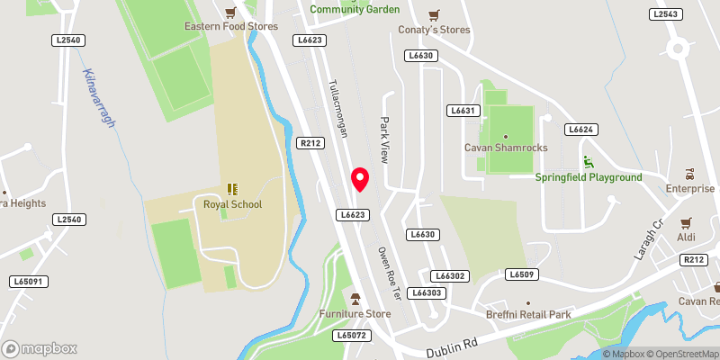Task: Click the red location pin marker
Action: coord(360,179)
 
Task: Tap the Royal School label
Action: coord(232,204)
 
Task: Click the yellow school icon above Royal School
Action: coord(232,188)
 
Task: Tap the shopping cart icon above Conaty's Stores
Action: coord(435,13)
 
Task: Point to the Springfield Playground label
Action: coord(589,177)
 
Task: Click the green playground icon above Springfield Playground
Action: coord(589,162)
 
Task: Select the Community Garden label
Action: coord(354,9)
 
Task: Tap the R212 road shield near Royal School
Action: coord(310,143)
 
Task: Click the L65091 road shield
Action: coord(29,282)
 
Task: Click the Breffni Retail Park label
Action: coord(528,315)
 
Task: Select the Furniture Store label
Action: coord(355,313)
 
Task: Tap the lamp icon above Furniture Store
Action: coord(355,298)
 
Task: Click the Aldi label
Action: coord(687,237)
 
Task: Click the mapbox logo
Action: coord(39,348)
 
